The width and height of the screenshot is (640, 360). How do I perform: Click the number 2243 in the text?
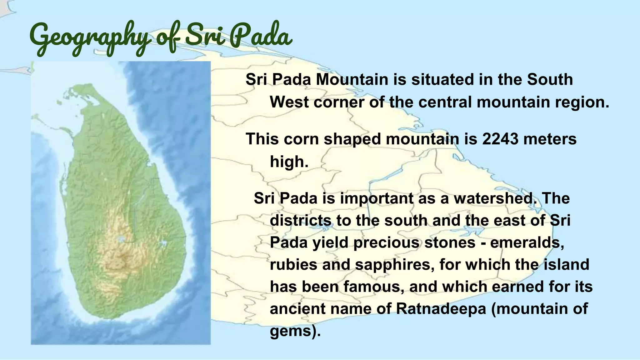[x=500, y=139]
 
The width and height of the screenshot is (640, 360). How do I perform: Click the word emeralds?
[x=527, y=243]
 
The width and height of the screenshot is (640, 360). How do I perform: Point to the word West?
[x=289, y=102]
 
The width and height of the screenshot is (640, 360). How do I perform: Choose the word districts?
[x=300, y=221]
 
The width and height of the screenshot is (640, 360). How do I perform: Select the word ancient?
[x=297, y=309]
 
